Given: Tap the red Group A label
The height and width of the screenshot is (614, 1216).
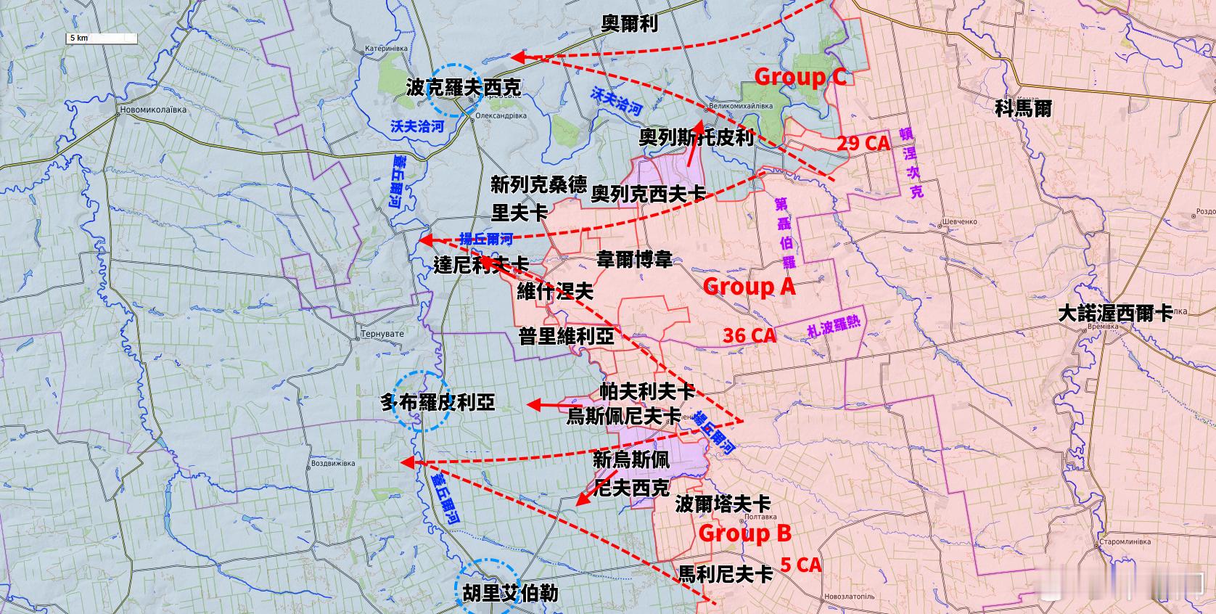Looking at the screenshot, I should tap(749, 287).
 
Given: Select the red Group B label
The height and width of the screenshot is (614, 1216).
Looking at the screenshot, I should tap(744, 533).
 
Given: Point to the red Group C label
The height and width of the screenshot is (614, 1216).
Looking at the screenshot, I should tap(800, 77).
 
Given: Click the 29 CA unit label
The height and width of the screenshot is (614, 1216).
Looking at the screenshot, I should tap(863, 143).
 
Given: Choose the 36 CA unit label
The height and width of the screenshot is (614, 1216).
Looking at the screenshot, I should tap(749, 335).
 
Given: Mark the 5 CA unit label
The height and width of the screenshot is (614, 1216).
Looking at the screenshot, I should tap(801, 565).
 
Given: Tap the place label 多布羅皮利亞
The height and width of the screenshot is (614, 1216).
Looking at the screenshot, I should tap(437, 402).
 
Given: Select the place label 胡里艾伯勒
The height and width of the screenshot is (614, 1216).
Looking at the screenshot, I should tap(510, 593).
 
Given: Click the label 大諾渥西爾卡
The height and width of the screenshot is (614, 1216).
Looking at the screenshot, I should tap(1114, 314).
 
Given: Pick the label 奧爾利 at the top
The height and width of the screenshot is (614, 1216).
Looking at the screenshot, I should tap(630, 24).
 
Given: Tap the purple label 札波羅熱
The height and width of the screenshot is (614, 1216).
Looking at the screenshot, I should tap(834, 328).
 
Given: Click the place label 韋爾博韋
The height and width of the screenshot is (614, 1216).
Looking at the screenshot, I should tap(634, 260).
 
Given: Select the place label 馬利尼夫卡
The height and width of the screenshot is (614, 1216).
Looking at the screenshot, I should tap(725, 574).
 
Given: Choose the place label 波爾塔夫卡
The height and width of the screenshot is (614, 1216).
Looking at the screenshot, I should tap(723, 504).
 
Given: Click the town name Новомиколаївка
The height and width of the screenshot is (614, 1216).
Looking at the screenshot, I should tap(152, 110).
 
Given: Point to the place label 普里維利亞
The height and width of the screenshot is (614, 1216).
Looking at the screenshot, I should tap(566, 336).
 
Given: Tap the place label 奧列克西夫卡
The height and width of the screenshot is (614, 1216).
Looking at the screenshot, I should tap(648, 194).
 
